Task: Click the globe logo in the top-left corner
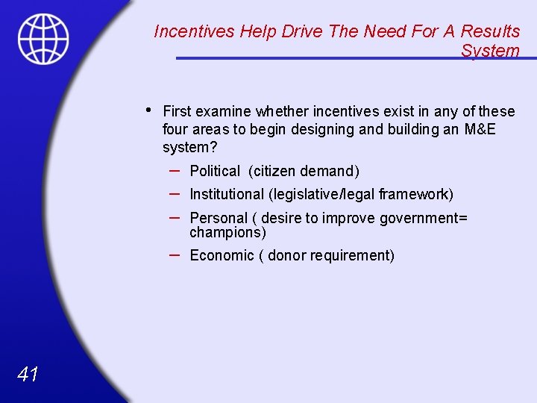[x=43, y=38]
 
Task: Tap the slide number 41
[x=27, y=374]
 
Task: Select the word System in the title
[x=490, y=51]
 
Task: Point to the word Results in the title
[x=490, y=31]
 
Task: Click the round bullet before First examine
[x=149, y=110]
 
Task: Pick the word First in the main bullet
[x=176, y=111]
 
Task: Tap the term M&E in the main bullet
[x=480, y=130]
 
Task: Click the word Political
[x=215, y=172]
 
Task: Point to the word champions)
[x=227, y=233]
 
